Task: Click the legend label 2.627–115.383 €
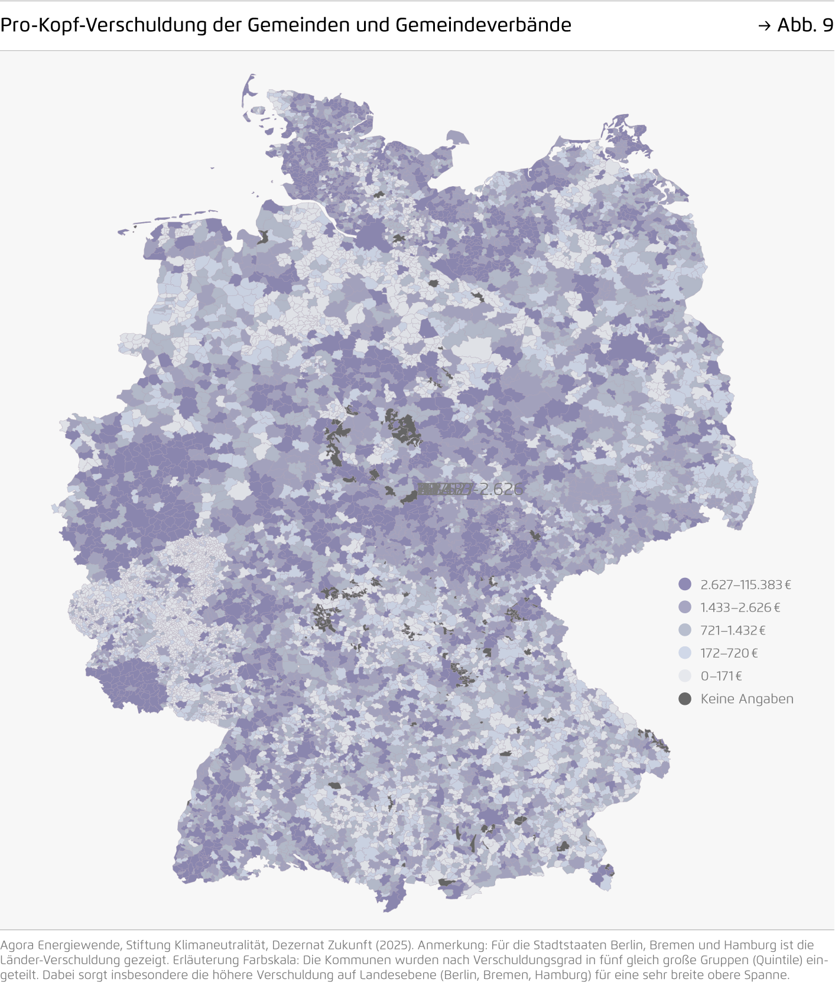(x=745, y=584)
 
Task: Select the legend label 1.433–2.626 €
(x=740, y=607)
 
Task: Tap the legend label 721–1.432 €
(x=733, y=630)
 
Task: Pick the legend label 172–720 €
(x=729, y=653)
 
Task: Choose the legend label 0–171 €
(x=721, y=676)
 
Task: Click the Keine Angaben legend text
(x=746, y=699)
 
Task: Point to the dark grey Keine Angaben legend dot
(x=685, y=699)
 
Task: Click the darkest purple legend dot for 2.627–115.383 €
(x=685, y=584)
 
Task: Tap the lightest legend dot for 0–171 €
(x=685, y=676)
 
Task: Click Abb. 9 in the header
(x=805, y=25)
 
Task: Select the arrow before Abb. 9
(x=764, y=25)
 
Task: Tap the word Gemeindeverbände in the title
(x=483, y=25)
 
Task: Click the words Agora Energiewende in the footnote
(x=61, y=945)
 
